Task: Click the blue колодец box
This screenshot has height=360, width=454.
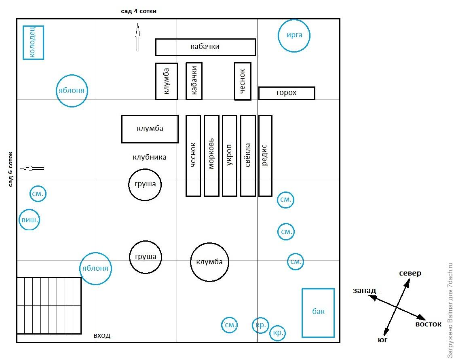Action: click(33, 42)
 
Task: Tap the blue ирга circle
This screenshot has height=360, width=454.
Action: click(294, 35)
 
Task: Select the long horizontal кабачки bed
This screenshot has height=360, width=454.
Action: click(205, 47)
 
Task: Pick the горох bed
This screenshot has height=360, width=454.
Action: click(287, 93)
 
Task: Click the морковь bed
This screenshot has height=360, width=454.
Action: click(211, 156)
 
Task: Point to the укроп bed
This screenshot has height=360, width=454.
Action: click(229, 156)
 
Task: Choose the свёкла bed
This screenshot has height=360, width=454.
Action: click(248, 156)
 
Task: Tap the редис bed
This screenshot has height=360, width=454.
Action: click(265, 156)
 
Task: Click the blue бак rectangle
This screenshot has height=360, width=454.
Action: click(318, 312)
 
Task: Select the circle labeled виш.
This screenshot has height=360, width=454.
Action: click(30, 221)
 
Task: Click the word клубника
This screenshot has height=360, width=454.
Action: click(149, 157)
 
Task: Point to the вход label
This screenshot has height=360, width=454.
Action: click(102, 335)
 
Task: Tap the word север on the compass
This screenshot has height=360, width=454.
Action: click(410, 273)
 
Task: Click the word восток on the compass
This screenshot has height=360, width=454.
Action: click(428, 324)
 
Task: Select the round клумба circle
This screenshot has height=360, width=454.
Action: click(209, 262)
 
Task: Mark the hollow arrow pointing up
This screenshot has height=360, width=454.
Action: click(137, 37)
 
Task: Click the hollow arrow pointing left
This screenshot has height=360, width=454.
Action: click(32, 168)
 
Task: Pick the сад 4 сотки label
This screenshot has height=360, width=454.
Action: click(139, 11)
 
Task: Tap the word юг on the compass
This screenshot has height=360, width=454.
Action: click(382, 340)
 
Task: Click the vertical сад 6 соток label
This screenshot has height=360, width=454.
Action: click(11, 169)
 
